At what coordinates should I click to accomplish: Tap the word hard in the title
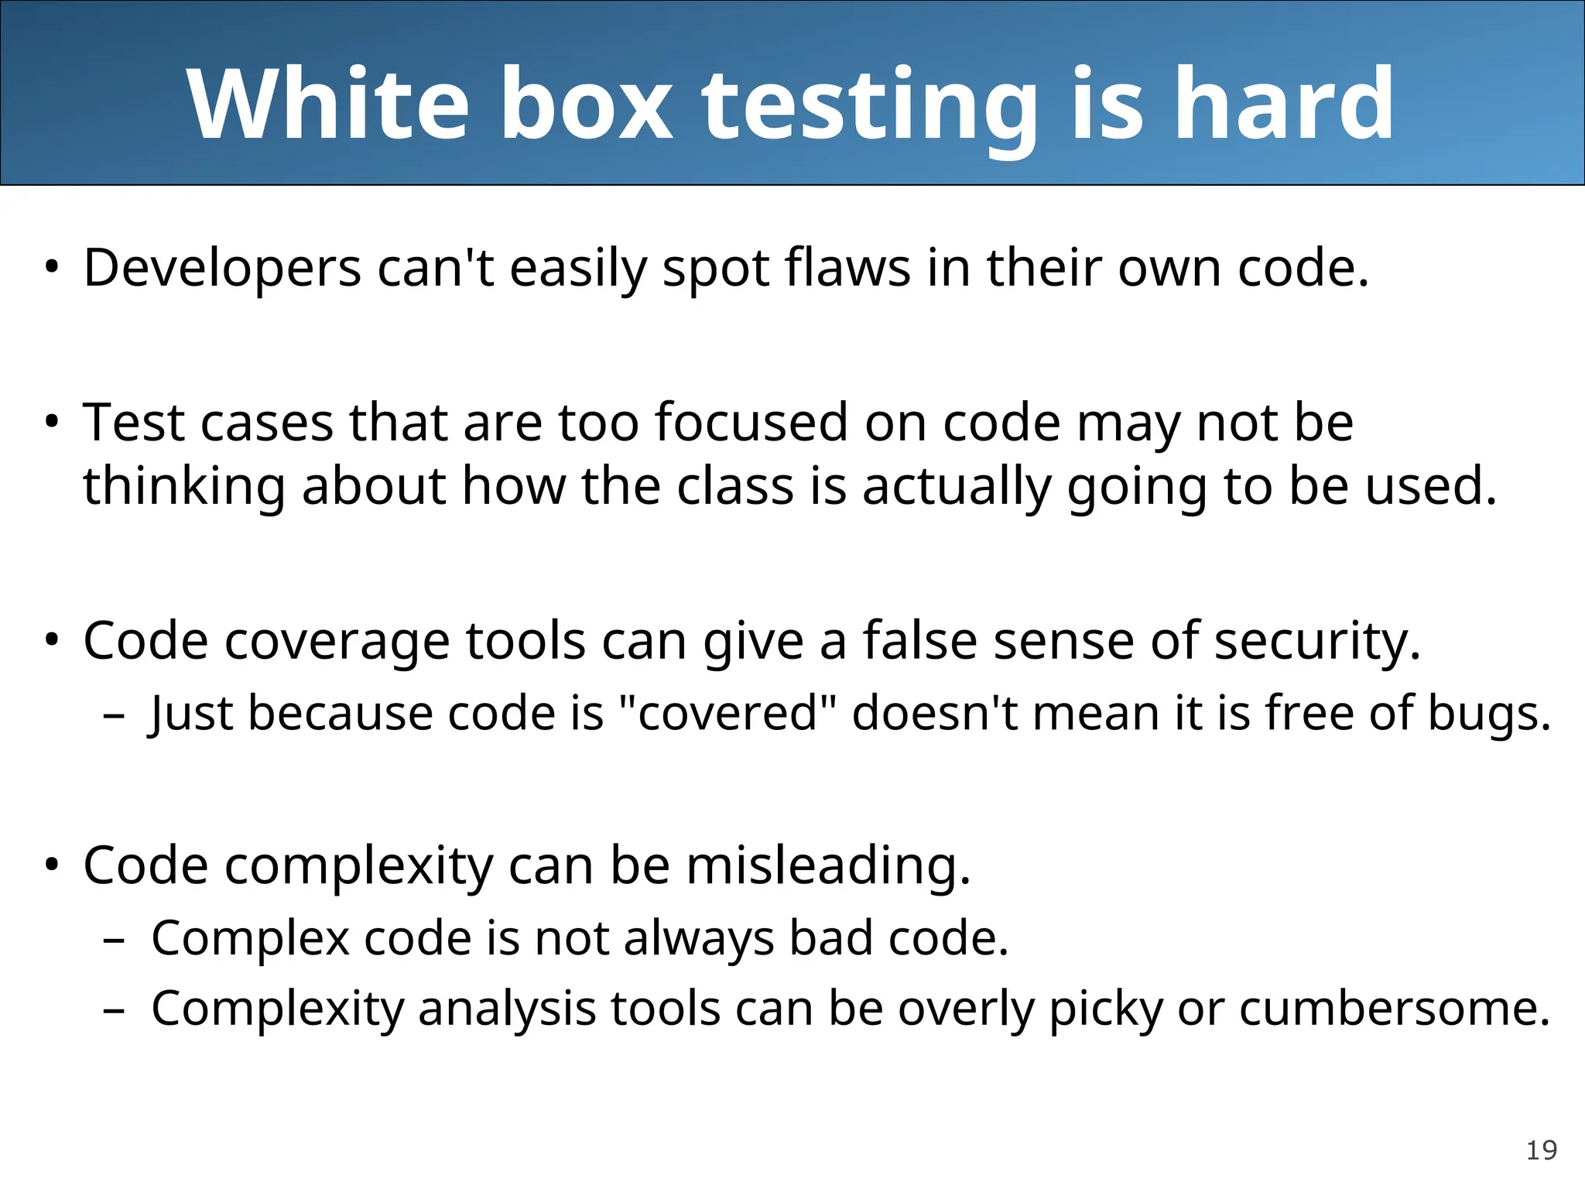[1284, 104]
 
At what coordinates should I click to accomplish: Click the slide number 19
[1541, 1150]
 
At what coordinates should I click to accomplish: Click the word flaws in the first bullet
[847, 268]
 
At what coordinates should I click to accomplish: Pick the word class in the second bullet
[735, 486]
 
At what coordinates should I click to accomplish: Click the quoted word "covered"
[730, 713]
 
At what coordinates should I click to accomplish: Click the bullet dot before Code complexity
[51, 865]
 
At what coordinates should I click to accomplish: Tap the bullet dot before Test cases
[51, 423]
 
